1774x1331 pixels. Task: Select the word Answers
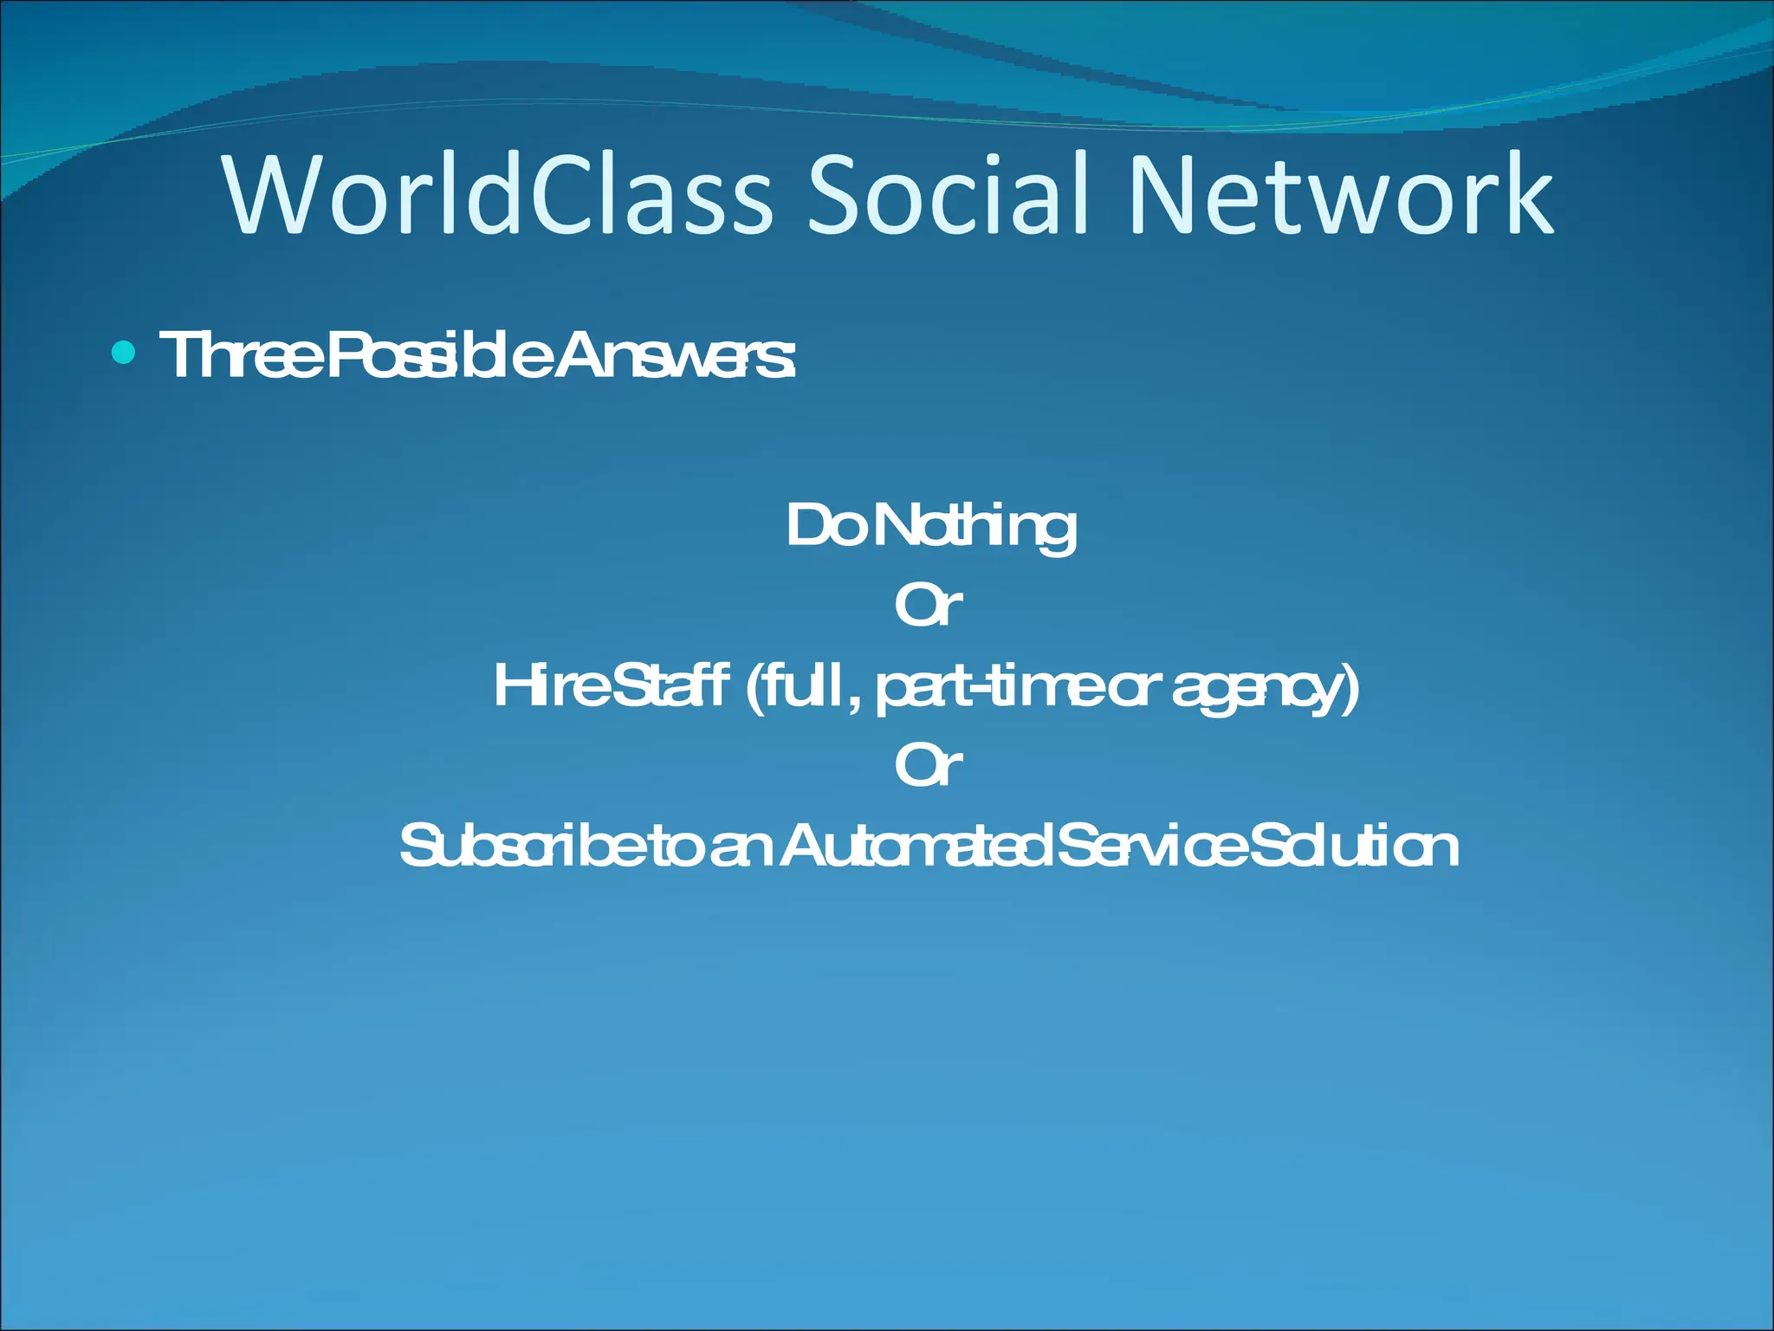pyautogui.click(x=672, y=355)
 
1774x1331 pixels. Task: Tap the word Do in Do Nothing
pyautogui.click(x=823, y=525)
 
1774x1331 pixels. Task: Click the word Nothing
pyautogui.click(x=975, y=527)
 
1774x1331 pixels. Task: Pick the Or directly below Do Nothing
pyautogui.click(x=928, y=606)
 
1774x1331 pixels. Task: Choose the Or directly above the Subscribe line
pyautogui.click(x=928, y=766)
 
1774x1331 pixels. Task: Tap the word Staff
pyautogui.click(x=672, y=685)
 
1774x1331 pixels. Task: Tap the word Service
pyautogui.click(x=1152, y=847)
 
